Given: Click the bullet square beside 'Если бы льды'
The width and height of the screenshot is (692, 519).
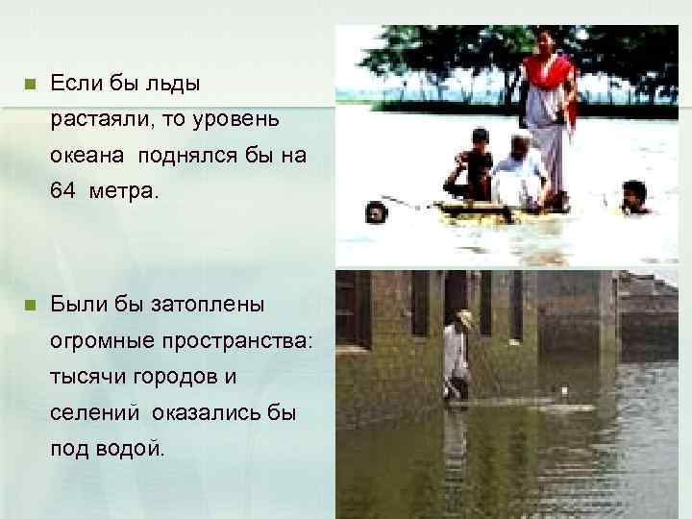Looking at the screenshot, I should coord(29,85).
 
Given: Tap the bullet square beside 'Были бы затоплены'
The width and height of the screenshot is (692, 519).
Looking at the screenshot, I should coord(29,305).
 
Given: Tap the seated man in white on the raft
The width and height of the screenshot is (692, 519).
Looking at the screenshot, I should coord(519,173).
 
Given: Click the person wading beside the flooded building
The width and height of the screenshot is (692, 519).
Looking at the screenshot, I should coord(457,360).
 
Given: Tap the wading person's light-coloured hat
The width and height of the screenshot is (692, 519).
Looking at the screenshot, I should coord(465,316).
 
